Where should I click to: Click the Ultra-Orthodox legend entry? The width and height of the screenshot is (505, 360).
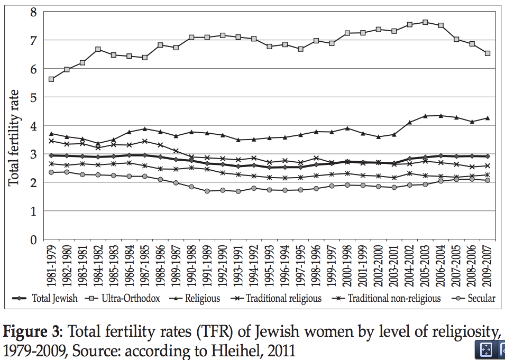[x=127, y=299]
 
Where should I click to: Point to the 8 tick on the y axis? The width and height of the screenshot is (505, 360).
[x=33, y=12]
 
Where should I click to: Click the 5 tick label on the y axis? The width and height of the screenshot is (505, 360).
[x=33, y=98]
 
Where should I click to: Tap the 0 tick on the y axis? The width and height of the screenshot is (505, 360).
[x=33, y=240]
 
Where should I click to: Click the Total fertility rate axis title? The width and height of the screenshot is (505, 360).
[x=14, y=137]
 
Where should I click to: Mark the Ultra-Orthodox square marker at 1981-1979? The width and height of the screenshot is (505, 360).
[x=51, y=79]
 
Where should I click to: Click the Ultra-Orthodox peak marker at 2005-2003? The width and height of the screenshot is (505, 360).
[x=425, y=22]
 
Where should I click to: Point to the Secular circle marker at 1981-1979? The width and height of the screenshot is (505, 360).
[x=51, y=172]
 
